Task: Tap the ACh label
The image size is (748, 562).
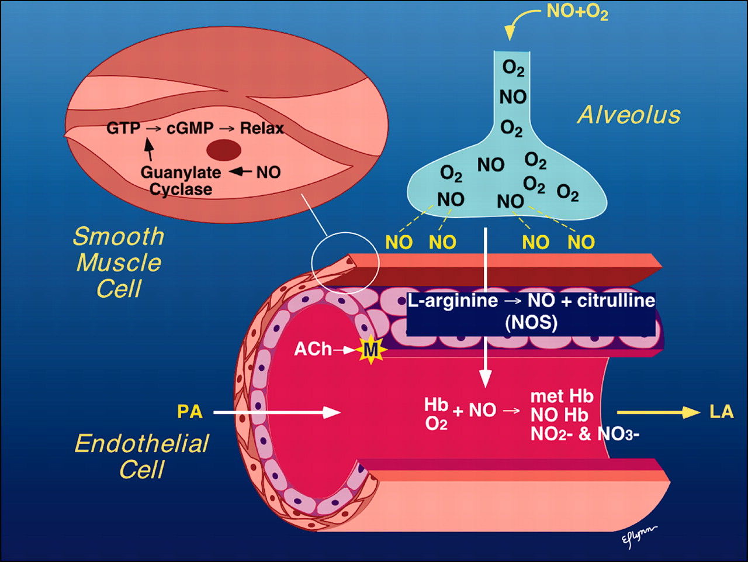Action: [x=313, y=349]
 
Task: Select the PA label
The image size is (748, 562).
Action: [x=189, y=412]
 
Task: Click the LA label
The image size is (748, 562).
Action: [x=721, y=411]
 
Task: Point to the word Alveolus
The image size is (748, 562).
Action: [x=629, y=115]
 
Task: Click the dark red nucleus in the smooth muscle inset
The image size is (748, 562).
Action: [x=224, y=150]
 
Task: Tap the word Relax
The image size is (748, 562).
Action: [x=261, y=128]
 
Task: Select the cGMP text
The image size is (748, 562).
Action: [x=190, y=128]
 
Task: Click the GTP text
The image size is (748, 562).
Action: [x=123, y=128]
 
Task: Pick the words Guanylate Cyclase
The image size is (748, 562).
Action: [x=181, y=181]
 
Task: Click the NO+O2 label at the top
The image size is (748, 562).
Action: [x=577, y=12]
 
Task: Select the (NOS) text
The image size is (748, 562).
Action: [x=531, y=322]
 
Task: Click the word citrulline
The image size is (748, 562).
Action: [x=616, y=301]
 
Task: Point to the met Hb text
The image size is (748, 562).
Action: [x=562, y=396]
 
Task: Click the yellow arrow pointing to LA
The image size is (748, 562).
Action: [x=658, y=412]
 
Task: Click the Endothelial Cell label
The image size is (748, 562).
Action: [x=142, y=456]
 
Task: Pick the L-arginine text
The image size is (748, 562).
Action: [x=452, y=301]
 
